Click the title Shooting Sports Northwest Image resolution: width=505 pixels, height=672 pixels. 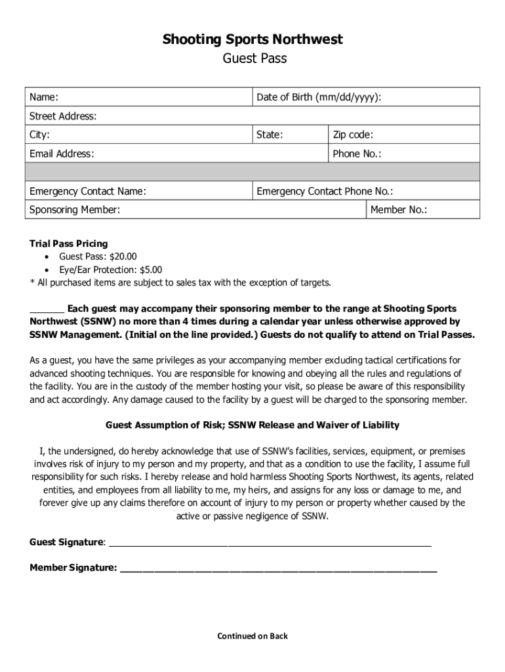(x=253, y=40)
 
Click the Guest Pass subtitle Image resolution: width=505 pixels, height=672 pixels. (x=253, y=59)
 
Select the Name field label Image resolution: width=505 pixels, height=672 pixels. (x=44, y=97)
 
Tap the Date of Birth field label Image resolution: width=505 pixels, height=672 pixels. (x=319, y=97)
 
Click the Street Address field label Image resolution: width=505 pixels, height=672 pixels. (x=63, y=116)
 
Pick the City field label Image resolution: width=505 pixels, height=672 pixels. (x=40, y=135)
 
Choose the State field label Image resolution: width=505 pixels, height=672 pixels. (x=270, y=135)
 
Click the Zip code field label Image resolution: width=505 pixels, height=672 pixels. (x=353, y=135)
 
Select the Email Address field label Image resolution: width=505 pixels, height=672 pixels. (x=62, y=154)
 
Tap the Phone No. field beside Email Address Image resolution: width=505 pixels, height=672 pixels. (x=357, y=154)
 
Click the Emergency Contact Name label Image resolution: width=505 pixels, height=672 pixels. (x=88, y=192)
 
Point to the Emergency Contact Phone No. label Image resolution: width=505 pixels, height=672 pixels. (x=325, y=192)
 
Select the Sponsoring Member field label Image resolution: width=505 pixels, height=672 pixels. (x=75, y=210)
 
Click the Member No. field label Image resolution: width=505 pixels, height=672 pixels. (x=399, y=210)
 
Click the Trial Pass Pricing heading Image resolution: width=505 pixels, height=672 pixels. (x=69, y=243)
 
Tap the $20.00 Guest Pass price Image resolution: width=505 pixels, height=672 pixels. (x=123, y=257)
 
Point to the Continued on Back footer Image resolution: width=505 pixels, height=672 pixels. (x=253, y=636)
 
